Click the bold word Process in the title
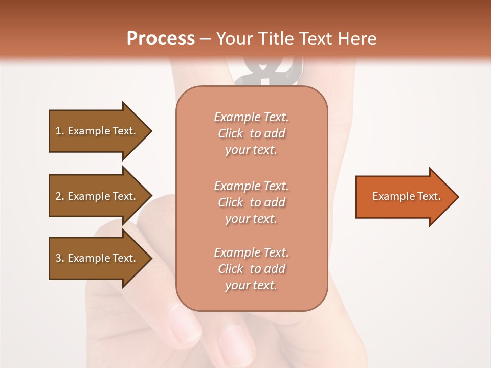(161, 39)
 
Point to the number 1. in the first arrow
(60, 131)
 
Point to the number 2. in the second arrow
(60, 196)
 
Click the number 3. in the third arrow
(60, 258)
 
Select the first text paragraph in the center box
(251, 133)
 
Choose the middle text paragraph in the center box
(251, 202)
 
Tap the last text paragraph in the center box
(251, 269)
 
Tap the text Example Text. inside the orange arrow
(406, 196)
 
